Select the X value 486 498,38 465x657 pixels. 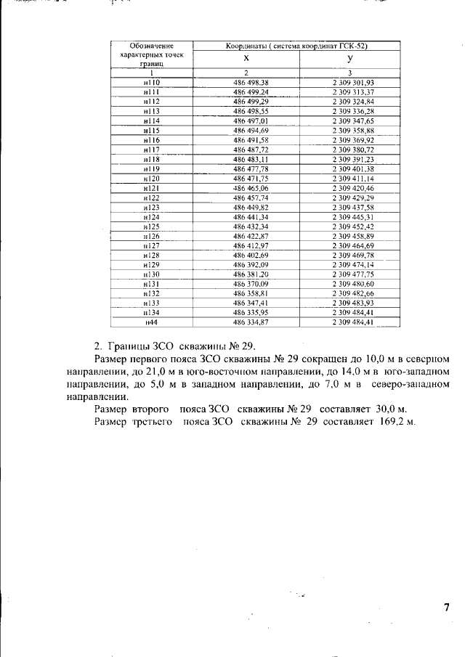pyautogui.click(x=251, y=83)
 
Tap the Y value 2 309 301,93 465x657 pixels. pyautogui.click(x=352, y=83)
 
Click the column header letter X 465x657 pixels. pyautogui.click(x=246, y=58)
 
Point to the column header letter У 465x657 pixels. pyautogui.click(x=350, y=58)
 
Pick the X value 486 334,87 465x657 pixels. pyautogui.click(x=251, y=322)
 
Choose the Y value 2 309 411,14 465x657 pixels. pyautogui.click(x=352, y=178)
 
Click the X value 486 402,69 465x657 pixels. pyautogui.click(x=251, y=255)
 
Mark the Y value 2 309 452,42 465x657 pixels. pyautogui.click(x=352, y=226)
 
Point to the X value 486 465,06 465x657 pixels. pyautogui.click(x=251, y=187)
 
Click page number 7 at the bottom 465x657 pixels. pyautogui.click(x=447, y=607)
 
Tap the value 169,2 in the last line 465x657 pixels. pyautogui.click(x=392, y=422)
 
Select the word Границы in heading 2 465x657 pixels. pyautogui.click(x=131, y=344)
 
